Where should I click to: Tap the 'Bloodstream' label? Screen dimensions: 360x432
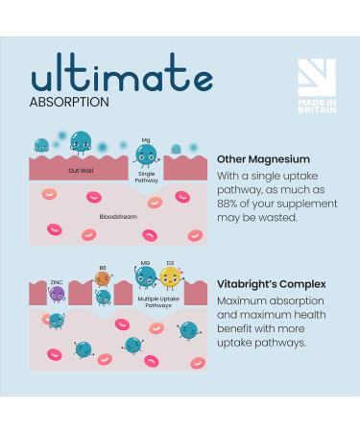click(118, 216)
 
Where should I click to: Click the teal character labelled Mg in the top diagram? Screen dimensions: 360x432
click(146, 156)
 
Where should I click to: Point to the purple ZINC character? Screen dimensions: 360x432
click(58, 294)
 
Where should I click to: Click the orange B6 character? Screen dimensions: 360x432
click(103, 279)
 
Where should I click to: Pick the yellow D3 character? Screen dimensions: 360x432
click(172, 277)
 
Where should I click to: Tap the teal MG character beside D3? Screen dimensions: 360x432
click(146, 277)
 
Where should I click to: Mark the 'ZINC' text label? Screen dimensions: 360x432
click(57, 282)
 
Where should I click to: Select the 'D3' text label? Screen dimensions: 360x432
click(172, 263)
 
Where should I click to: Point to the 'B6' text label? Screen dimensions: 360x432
click(103, 268)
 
